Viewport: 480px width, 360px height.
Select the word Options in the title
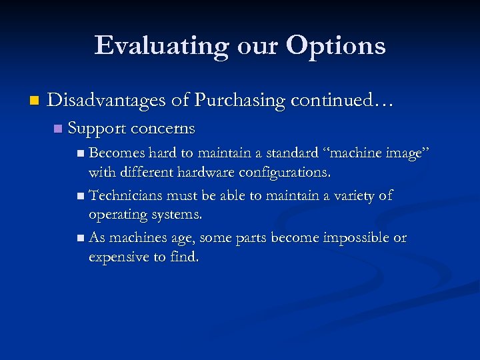[x=335, y=46]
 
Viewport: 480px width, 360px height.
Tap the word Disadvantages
[x=106, y=101]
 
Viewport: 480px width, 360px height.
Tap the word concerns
[x=163, y=128]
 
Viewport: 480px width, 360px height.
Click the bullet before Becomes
[x=81, y=154]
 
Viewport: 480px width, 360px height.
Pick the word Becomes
[x=117, y=153]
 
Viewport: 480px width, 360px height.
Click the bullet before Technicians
[x=81, y=197]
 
